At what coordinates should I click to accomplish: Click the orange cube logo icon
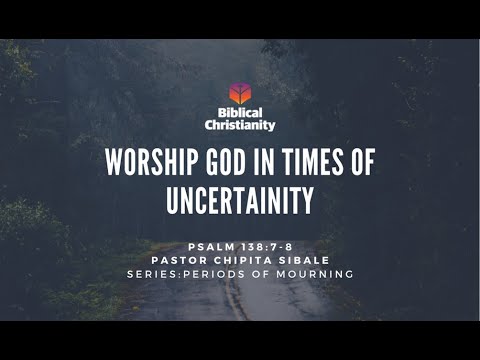[x=239, y=93]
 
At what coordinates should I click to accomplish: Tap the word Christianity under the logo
[x=240, y=126]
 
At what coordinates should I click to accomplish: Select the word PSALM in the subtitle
[x=208, y=245]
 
